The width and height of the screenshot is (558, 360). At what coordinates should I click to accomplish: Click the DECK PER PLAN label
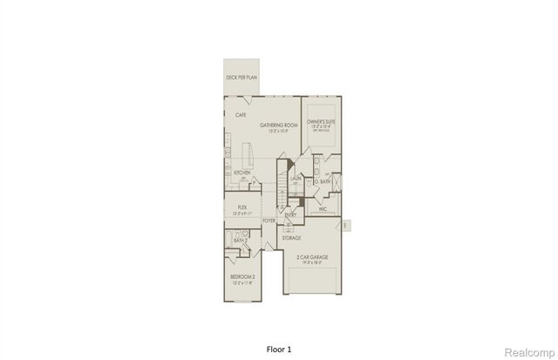click(x=242, y=78)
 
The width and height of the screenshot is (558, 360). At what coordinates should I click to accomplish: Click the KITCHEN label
click(x=242, y=173)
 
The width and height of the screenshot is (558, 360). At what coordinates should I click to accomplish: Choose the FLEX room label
click(x=242, y=207)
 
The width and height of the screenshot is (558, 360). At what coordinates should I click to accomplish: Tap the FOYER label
click(x=269, y=221)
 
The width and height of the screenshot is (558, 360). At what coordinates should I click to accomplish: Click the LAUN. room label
click(x=296, y=177)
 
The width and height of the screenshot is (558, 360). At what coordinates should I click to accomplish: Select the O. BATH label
click(x=323, y=181)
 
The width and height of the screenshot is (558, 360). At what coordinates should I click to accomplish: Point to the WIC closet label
click(x=322, y=209)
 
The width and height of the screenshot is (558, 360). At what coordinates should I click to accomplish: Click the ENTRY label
click(x=291, y=214)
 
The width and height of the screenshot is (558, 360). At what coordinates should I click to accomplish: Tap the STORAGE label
click(x=291, y=237)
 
